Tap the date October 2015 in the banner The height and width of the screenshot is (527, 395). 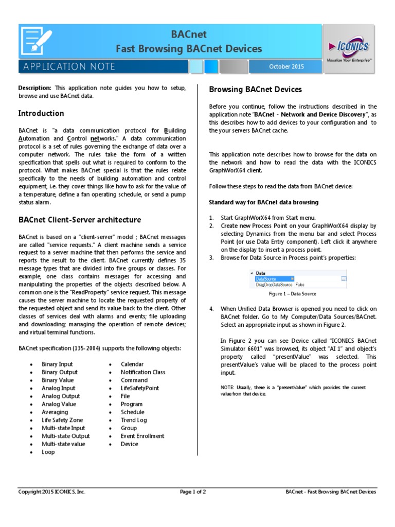click(x=286, y=66)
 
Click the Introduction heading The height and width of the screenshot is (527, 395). click(x=41, y=113)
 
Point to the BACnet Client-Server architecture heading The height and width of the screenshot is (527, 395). click(x=80, y=220)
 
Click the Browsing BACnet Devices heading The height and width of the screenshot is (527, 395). click(x=255, y=90)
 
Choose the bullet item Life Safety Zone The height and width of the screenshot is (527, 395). click(x=63, y=420)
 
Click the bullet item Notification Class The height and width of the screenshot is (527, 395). click(x=143, y=372)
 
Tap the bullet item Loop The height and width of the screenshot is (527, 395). click(x=48, y=452)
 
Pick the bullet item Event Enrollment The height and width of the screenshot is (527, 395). click(x=142, y=436)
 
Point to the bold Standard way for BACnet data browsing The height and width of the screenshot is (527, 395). click(x=263, y=202)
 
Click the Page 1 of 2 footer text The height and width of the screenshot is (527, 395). click(x=193, y=491)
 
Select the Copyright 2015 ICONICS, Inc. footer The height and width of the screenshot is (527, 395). click(x=52, y=491)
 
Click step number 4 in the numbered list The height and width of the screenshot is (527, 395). click(x=211, y=309)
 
